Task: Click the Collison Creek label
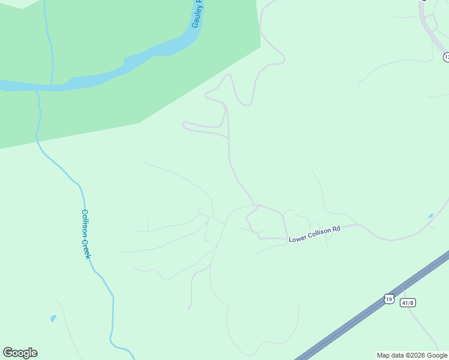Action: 86,234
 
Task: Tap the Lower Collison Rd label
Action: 315,234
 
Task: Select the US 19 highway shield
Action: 388,298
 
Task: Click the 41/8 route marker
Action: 408,302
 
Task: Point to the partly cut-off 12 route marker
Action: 446,57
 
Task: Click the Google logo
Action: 20,353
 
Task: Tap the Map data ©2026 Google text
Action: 412,355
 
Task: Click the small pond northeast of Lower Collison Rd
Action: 430,215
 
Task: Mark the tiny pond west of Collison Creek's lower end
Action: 53,318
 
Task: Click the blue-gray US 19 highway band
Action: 360,312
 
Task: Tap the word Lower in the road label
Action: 298,239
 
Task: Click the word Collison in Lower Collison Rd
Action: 318,233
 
